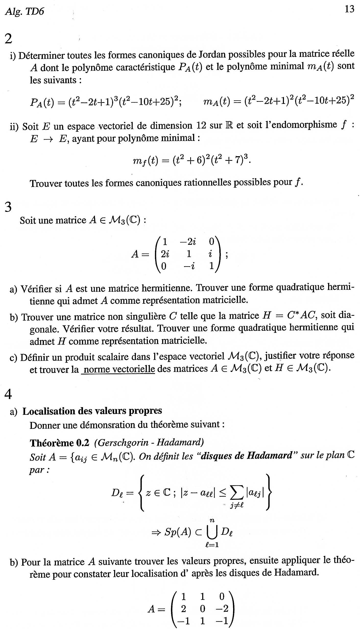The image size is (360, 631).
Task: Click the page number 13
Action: (350, 9)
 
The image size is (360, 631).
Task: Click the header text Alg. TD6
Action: (25, 11)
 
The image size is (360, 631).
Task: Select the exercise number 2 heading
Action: (8, 39)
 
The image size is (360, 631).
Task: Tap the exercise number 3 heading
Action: (8, 207)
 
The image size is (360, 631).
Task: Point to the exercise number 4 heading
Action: (8, 394)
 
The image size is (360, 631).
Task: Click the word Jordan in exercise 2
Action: (212, 54)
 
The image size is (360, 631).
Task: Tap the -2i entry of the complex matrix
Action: (188, 241)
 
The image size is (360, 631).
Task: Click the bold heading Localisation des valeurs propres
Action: (92, 411)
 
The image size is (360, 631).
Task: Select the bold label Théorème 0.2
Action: (59, 443)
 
